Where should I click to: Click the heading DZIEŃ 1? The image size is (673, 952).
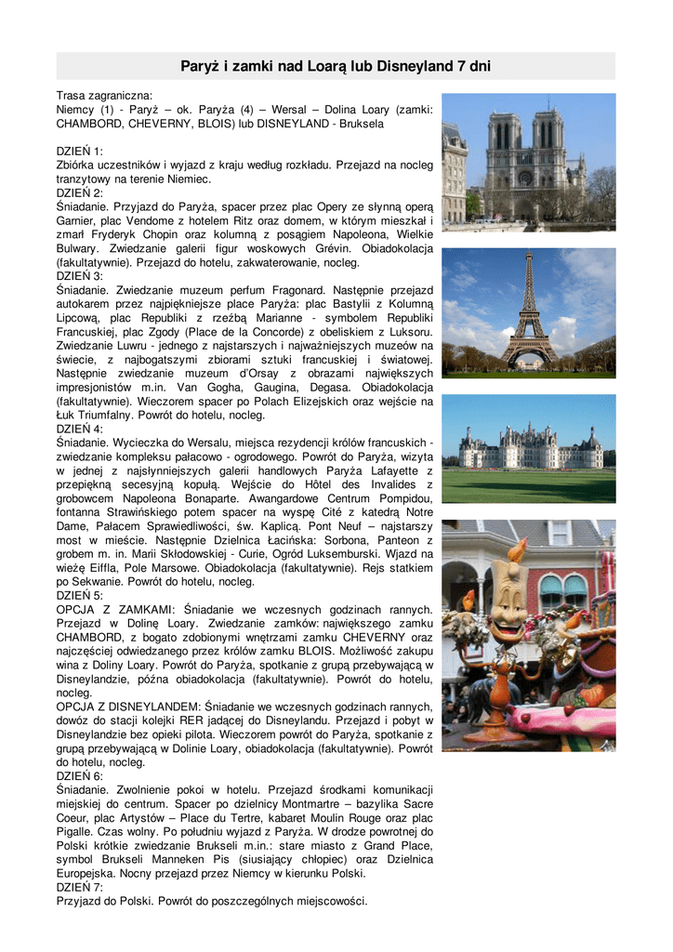coord(80,151)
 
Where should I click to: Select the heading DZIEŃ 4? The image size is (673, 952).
coord(80,429)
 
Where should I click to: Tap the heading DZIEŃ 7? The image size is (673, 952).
coord(80,887)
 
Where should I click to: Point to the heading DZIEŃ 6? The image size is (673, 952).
coord(80,775)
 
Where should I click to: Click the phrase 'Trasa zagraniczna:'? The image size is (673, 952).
coord(104,95)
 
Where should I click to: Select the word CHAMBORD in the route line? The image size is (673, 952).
coord(86,123)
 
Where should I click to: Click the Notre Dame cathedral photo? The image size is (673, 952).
coord(527,163)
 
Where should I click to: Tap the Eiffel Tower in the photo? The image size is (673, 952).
coord(528,311)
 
